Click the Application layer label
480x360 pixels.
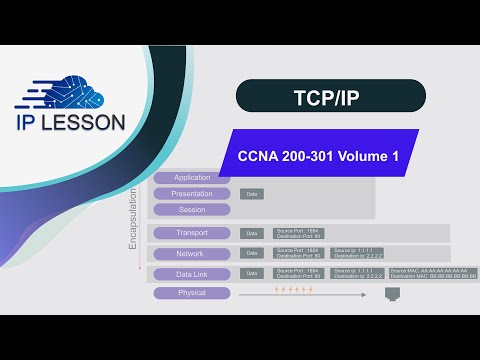pos(191,178)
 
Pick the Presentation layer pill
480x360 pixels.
pos(191,194)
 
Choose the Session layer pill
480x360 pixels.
pos(191,210)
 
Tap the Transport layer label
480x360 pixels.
pos(191,233)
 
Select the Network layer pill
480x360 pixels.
pos(191,253)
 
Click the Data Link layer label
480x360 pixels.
pos(191,273)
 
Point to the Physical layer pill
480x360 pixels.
pos(191,293)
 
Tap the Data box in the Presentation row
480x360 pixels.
pos(253,194)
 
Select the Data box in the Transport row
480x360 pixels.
pos(252,233)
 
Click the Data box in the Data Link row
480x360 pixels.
pos(252,273)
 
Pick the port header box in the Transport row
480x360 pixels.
pos(298,233)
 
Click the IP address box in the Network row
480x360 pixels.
pos(357,253)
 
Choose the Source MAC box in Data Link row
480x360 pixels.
pos(434,273)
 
